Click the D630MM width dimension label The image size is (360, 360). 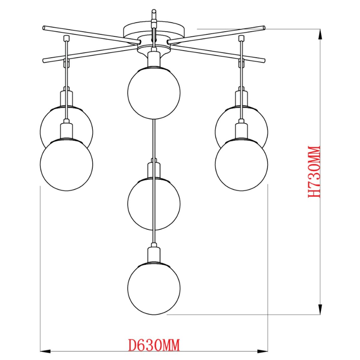pos(154,339)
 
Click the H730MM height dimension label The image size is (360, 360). pos(314,172)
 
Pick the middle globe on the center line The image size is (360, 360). pos(154,204)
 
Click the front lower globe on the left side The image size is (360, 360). pos(67,164)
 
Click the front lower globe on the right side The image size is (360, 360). pos(241,164)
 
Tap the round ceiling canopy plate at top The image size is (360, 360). pos(154,30)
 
